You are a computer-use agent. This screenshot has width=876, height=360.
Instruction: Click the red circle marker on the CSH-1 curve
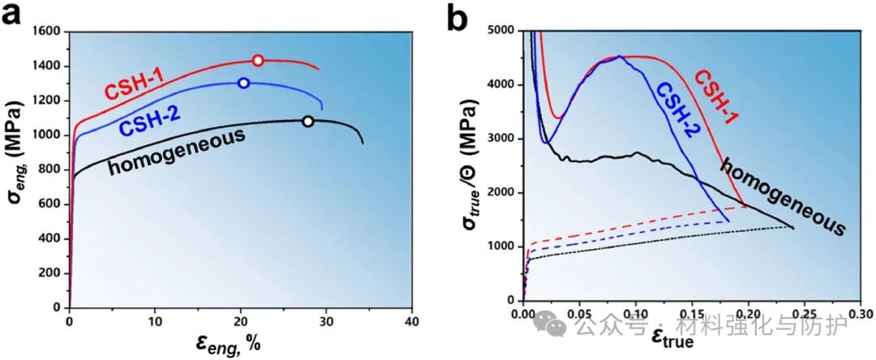point(258,61)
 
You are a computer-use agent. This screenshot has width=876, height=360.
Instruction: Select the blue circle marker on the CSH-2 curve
point(243,83)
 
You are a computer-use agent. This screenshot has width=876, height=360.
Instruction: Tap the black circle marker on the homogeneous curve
point(307,122)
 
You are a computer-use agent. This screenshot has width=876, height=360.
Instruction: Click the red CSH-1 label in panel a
point(134,84)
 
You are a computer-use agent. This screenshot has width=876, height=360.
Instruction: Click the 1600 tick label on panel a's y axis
point(47,32)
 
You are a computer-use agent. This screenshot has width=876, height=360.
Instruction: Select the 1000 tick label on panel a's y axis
point(47,135)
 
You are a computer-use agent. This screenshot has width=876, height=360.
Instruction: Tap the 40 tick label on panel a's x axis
point(412,320)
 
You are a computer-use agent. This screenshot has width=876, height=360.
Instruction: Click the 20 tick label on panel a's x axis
point(241,320)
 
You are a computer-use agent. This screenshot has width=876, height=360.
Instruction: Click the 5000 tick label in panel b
point(502,30)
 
